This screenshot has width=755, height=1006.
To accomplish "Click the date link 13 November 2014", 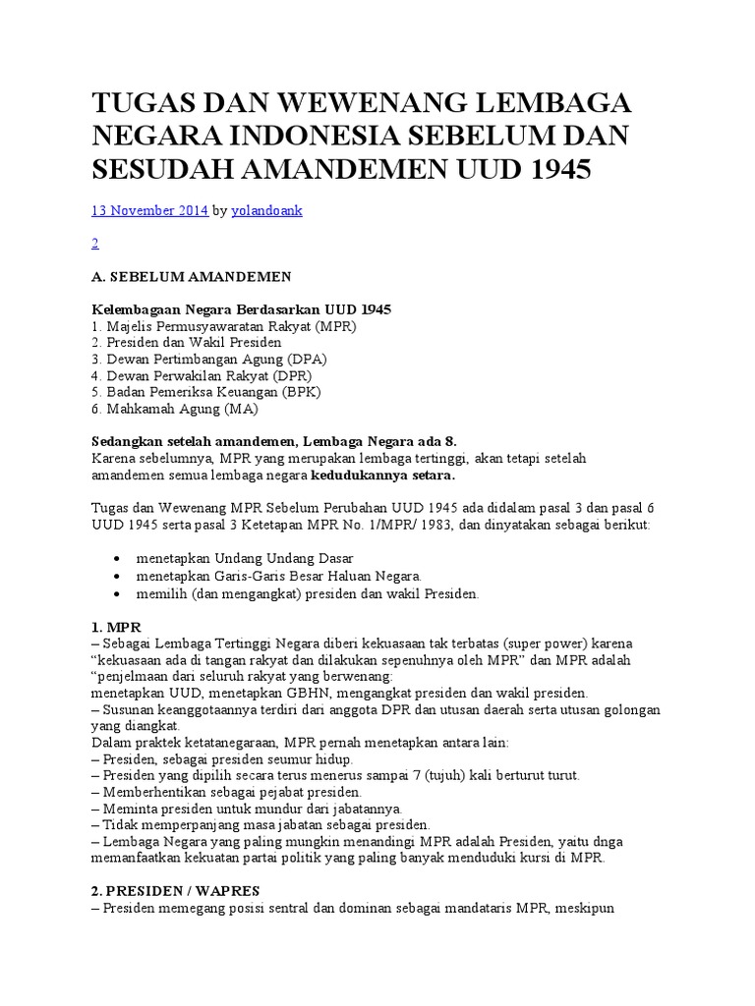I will coord(149,209).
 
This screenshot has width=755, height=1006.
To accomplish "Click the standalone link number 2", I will coord(94,243).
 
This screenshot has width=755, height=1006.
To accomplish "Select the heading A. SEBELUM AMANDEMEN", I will coord(191,277).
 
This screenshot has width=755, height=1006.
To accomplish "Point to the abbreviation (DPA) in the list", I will coord(305,359).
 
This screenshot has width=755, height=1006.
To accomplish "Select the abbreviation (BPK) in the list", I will coord(308,391).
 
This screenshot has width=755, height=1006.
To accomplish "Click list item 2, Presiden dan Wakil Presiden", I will coord(187,342).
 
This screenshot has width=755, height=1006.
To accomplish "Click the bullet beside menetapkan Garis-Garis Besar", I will coord(119,576).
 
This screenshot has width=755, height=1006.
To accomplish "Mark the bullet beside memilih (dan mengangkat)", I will coord(119,593).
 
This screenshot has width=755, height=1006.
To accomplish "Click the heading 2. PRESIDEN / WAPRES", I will coord(176,890).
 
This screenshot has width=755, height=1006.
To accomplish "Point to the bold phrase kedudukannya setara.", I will coord(382,475).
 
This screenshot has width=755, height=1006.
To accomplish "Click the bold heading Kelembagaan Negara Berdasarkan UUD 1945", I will coord(241,309).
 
